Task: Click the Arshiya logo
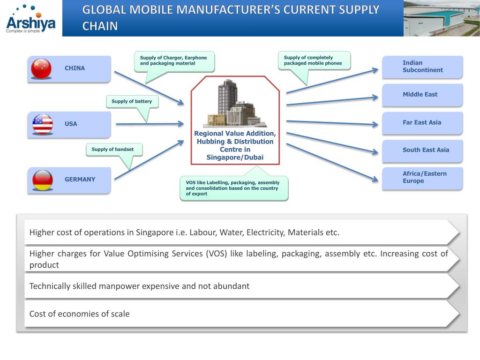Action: pos(30,19)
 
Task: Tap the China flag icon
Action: pos(41,68)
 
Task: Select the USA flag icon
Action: pos(43,124)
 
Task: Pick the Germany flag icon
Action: pos(42,180)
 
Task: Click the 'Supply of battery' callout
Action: pos(132,101)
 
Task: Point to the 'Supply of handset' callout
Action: pos(113,150)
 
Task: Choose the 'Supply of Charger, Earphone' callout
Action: pos(173,61)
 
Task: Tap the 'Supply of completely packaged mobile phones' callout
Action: pos(314,60)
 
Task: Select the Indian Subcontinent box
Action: pos(422,67)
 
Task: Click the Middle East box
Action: pos(422,95)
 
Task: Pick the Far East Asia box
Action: pos(422,123)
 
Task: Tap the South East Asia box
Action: pos(422,150)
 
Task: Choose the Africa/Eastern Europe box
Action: pos(422,178)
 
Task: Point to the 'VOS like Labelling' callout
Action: pos(233,188)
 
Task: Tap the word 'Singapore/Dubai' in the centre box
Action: pos(235,157)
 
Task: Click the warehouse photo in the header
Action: pos(441,18)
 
